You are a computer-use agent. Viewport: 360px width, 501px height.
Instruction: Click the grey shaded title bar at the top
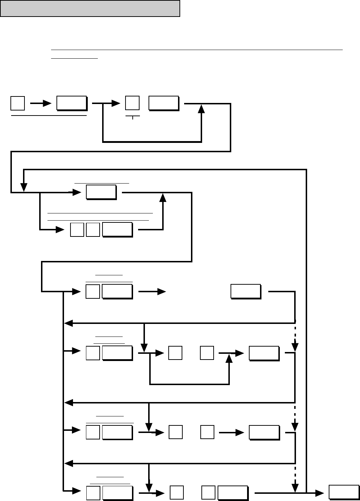point(90,9)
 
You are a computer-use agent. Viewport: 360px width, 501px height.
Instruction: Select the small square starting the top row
point(18,103)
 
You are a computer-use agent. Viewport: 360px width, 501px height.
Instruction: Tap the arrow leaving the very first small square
point(41,104)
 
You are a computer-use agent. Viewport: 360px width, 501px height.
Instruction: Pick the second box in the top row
point(72,103)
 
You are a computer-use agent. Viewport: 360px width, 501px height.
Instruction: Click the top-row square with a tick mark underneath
point(132,103)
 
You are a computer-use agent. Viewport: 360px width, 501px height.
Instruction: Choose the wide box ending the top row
point(164,103)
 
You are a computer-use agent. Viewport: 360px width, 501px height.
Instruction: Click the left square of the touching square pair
point(77,230)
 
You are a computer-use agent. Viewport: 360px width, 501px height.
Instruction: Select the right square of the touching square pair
point(93,230)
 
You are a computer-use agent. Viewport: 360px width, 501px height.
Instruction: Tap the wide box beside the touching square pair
point(117,230)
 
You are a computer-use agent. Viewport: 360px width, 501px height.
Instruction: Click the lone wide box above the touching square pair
point(101,192)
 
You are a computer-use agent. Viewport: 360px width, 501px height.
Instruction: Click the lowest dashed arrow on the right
point(295,478)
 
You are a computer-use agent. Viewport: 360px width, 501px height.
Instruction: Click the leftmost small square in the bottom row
point(93,493)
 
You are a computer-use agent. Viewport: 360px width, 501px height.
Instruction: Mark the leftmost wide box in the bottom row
point(117,493)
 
